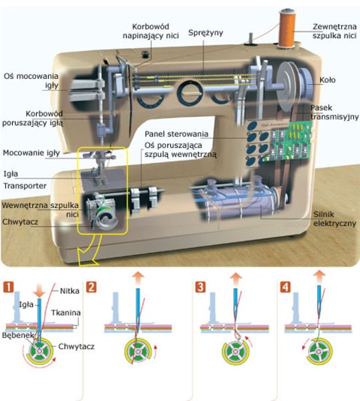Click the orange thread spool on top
tap(287, 28)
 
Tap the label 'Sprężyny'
tap(206, 33)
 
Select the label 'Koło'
tap(327, 80)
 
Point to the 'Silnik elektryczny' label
tap(335, 219)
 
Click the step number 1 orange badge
tap(9, 287)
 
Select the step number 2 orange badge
tap(92, 287)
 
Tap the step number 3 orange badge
tap(200, 287)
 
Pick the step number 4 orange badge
tap(285, 287)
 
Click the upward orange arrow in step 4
tap(319, 277)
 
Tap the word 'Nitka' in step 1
tap(69, 291)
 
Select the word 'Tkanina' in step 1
tap(65, 313)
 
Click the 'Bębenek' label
tap(18, 336)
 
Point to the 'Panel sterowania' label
tap(176, 134)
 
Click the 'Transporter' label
tap(25, 186)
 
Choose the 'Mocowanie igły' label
tap(31, 153)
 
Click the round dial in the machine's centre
tap(190, 93)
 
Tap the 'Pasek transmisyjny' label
tap(335, 112)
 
